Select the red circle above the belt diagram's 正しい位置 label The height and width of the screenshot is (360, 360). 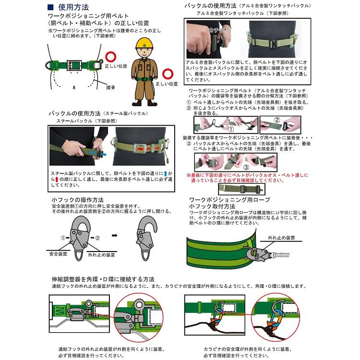(x=111, y=57)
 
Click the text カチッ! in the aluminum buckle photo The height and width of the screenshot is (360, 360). (x=216, y=30)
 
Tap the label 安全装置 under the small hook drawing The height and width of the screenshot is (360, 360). (x=59, y=254)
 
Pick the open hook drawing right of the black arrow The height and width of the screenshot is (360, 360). (x=146, y=235)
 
